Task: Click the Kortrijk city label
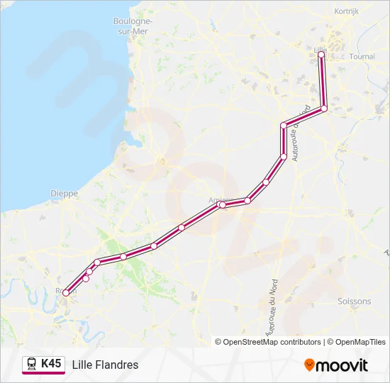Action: tap(347, 11)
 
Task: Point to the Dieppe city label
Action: tap(64, 193)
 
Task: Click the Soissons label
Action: tap(355, 301)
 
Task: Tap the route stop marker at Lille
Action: tap(321, 55)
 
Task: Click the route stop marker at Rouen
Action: tap(66, 292)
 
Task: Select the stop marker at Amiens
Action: tap(223, 205)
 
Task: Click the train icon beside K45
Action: tap(32, 365)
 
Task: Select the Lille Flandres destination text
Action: tap(105, 365)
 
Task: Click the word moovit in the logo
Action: tap(342, 365)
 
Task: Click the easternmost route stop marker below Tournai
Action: tap(324, 109)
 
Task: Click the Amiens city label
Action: tap(220, 199)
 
